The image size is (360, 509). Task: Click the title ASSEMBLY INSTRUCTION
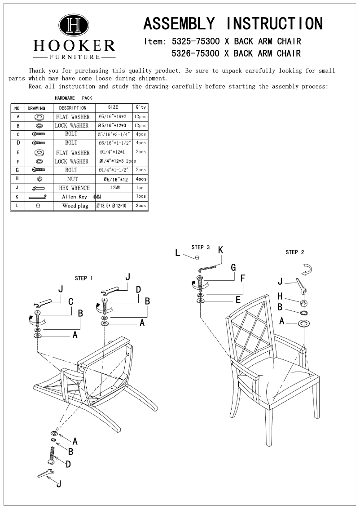[x=233, y=23]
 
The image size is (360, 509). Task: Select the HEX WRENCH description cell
[x=74, y=188]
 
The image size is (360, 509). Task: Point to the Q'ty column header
[x=140, y=108]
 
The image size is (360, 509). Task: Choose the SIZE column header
[x=113, y=108]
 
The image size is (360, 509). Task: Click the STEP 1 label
[x=84, y=279]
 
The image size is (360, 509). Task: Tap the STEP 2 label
[x=295, y=252]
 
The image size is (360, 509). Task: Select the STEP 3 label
[x=200, y=247]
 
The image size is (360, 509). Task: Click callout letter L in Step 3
[x=178, y=253]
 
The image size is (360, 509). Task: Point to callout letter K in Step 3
[x=221, y=250]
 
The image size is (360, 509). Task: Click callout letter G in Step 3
[x=233, y=267]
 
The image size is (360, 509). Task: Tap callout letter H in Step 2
[x=280, y=296]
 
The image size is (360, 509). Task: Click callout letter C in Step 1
[x=71, y=302]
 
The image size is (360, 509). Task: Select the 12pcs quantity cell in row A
[x=140, y=117]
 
